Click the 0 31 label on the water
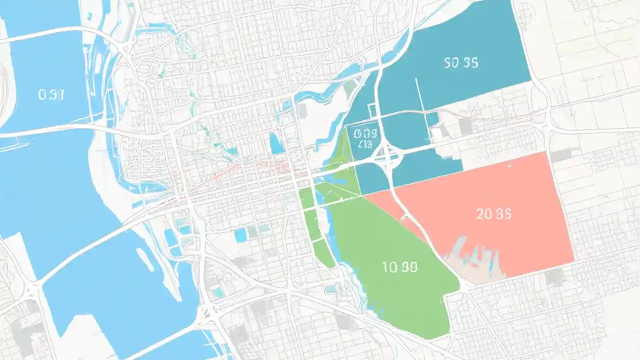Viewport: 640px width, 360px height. [x=51, y=95]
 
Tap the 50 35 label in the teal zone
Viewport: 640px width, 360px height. [x=460, y=63]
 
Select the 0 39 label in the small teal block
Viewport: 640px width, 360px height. [x=363, y=133]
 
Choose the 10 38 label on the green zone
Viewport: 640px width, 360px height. [x=399, y=267]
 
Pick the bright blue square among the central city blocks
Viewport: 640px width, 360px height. [x=241, y=235]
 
